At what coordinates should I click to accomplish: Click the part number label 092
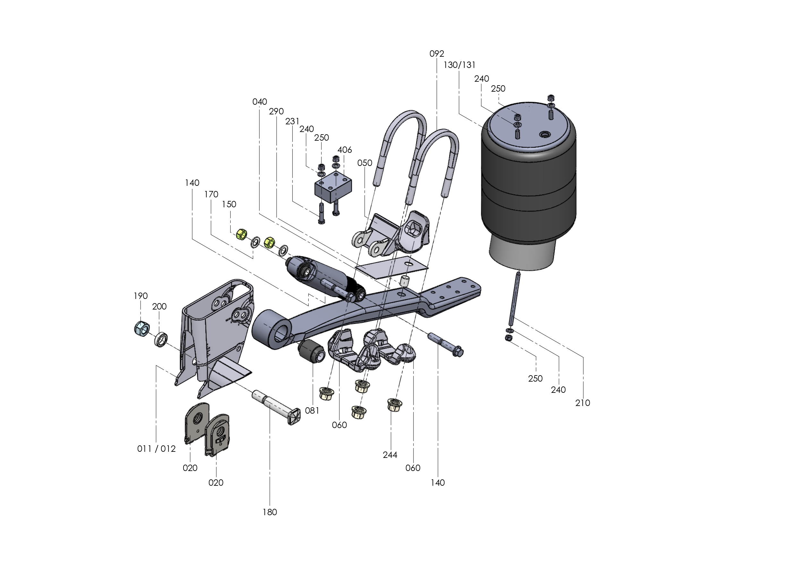[x=436, y=54]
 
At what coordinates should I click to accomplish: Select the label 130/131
[x=459, y=65]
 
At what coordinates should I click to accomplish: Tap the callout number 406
[x=344, y=150]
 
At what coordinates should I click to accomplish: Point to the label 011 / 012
[x=156, y=449]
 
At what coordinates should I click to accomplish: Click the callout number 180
[x=270, y=512]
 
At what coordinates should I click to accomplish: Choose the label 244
[x=390, y=455]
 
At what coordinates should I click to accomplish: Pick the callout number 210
[x=582, y=403]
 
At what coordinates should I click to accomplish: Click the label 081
[x=312, y=411]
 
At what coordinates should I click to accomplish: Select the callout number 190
[x=141, y=296]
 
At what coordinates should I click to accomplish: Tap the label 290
[x=276, y=112]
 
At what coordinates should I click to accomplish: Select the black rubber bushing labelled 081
[x=311, y=351]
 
